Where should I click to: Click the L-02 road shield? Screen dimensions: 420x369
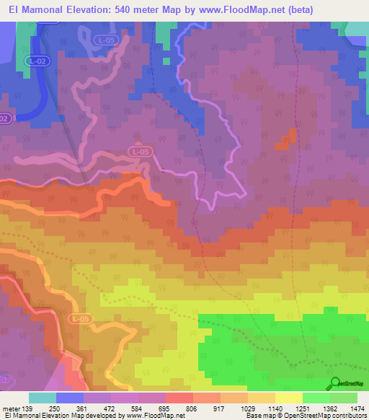coord(37,62)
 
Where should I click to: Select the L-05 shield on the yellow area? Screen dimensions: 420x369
coord(81,318)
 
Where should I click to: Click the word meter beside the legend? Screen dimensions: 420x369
coord(9,408)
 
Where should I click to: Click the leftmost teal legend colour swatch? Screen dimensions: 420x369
coord(43,398)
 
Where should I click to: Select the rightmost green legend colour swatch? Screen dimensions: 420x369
coord(344,398)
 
